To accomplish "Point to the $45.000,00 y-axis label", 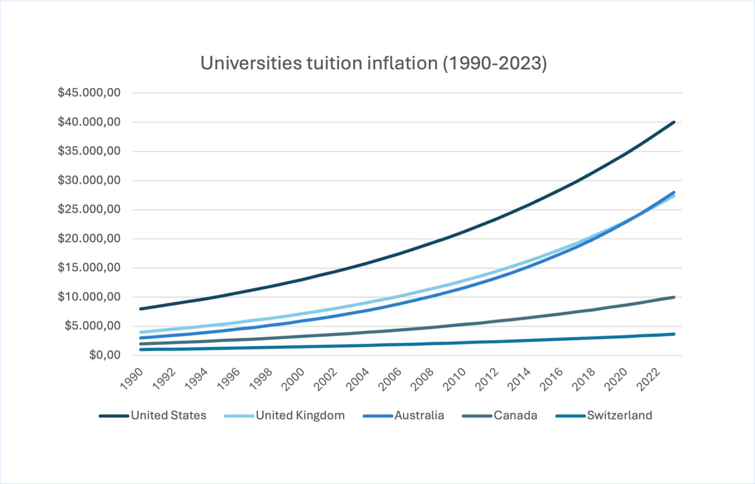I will [x=89, y=93].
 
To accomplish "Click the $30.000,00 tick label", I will [x=89, y=180].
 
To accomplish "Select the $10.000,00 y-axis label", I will [x=89, y=297].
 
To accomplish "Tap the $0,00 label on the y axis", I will [x=105, y=355].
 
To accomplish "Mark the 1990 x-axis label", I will [x=132, y=379].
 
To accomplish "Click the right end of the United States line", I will [x=674, y=122].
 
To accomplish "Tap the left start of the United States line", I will [x=140, y=309].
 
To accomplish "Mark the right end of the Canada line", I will [x=674, y=297].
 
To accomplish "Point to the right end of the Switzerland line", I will [x=674, y=334].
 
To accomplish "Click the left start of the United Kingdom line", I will [x=140, y=332].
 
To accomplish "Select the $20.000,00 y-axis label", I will [x=89, y=238].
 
